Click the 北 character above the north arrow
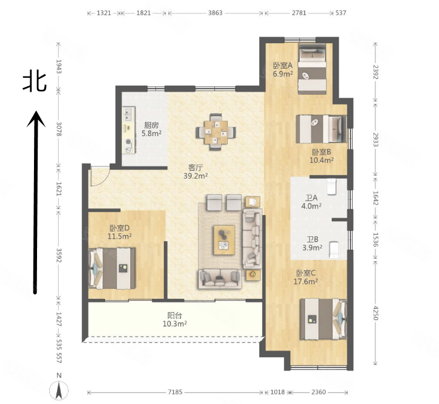click(35, 81)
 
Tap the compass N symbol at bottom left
click(59, 388)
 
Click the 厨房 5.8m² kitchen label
click(151, 129)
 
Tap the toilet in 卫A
click(332, 186)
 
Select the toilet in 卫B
click(333, 249)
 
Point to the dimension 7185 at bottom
click(175, 392)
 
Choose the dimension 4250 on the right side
click(376, 313)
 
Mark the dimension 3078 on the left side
click(59, 128)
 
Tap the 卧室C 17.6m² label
click(306, 277)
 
